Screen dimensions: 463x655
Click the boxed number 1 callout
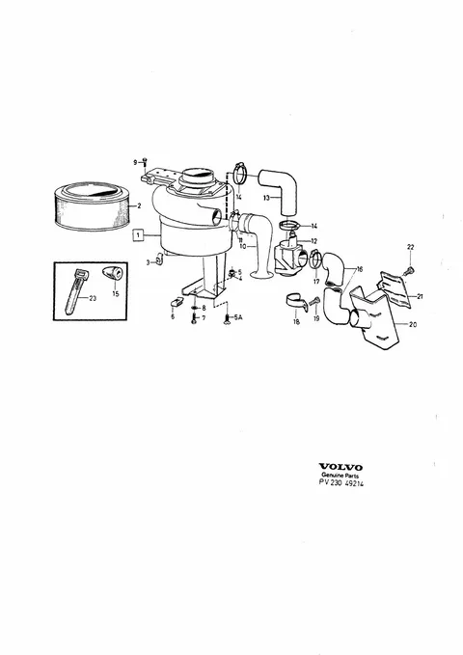click(x=138, y=235)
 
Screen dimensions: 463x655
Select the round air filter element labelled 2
click(x=93, y=205)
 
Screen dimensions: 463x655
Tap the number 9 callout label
click(x=135, y=162)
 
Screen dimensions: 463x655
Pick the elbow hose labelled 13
click(x=279, y=190)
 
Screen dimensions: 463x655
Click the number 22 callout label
click(x=410, y=247)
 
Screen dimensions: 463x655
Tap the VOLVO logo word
click(x=340, y=467)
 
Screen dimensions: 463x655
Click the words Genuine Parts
click(x=340, y=476)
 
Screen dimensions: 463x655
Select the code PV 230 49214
click(x=341, y=483)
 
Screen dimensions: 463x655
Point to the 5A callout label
click(x=238, y=318)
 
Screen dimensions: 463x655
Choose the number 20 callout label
click(x=413, y=324)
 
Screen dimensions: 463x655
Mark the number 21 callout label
click(x=420, y=296)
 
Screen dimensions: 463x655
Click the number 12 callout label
click(x=313, y=241)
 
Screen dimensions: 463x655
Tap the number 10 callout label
click(x=243, y=246)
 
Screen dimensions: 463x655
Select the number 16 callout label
click(x=360, y=269)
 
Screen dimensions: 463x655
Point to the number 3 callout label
click(x=148, y=262)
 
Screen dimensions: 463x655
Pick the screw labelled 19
click(x=315, y=301)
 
